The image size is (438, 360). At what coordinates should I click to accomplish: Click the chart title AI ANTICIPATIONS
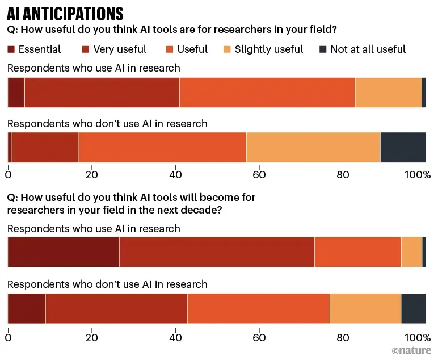pos(65,13)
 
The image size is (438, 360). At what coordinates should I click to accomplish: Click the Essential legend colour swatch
pos(11,49)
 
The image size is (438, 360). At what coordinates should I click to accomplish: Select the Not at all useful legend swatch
pos(323,49)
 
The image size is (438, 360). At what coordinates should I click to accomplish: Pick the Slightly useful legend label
pos(269,49)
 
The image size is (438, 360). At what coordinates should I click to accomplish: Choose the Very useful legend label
pos(120,49)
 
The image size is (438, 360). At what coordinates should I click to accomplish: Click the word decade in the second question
pos(204,210)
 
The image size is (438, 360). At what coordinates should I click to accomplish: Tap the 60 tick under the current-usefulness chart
pos(259,174)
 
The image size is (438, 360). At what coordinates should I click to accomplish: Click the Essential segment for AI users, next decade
pos(64,252)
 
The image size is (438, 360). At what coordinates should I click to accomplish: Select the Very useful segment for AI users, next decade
pos(217,252)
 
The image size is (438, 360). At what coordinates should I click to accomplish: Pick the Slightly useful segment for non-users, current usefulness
pos(313,148)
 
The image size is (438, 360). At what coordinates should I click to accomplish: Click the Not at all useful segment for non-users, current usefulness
pos(403,148)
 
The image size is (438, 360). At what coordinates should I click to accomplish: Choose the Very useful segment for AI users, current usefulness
pos(102,92)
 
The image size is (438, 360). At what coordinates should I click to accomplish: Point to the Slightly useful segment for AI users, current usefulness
pos(388,92)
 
